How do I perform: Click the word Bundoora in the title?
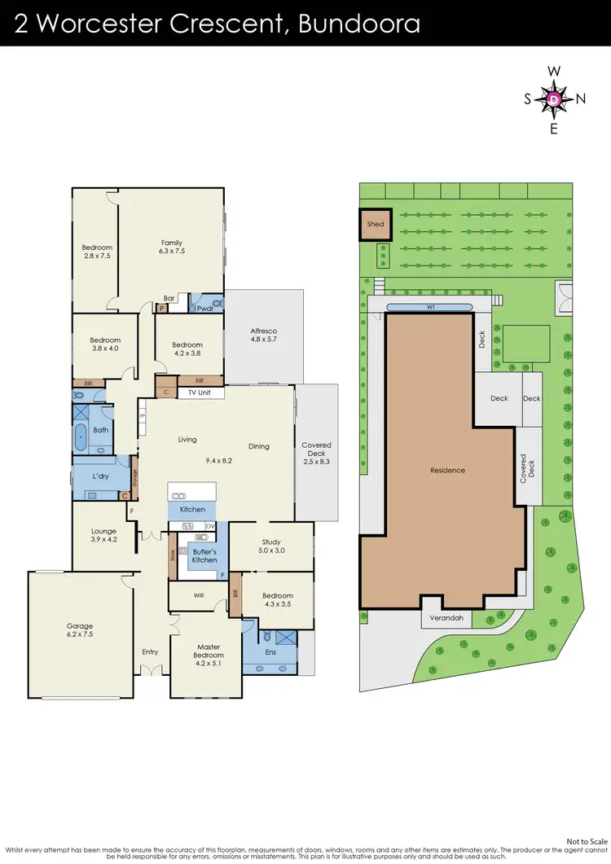(x=359, y=23)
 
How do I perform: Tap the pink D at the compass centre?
(x=554, y=99)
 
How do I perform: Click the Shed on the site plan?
(x=375, y=224)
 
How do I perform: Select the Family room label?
(x=171, y=243)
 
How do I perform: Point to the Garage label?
(x=80, y=626)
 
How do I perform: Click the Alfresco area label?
(x=263, y=331)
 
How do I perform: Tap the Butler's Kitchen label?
(x=204, y=555)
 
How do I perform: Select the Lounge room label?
(x=103, y=532)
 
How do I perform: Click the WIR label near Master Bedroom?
(x=199, y=596)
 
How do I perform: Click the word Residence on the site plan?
(x=447, y=470)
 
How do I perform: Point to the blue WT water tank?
(x=430, y=306)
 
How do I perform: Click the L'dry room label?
(x=101, y=475)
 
